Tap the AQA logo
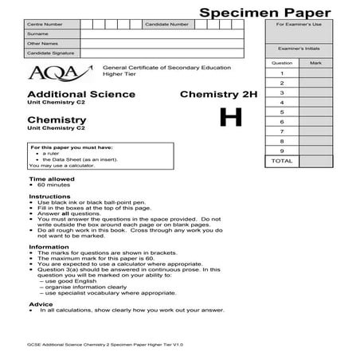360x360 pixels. (47, 73)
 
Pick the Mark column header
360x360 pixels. (316, 62)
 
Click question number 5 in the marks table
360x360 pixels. (282, 112)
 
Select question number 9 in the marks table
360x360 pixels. (282, 151)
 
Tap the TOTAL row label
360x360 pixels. (282, 161)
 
